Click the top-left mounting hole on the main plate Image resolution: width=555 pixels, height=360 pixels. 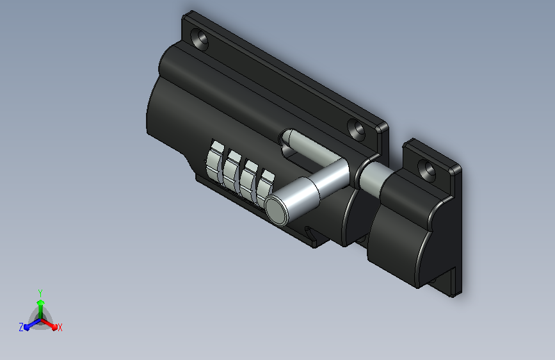coord(200,38)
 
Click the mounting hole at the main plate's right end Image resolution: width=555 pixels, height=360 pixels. coord(356,129)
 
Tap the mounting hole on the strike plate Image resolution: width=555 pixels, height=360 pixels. coord(427,169)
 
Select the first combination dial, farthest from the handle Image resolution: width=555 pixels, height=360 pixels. coord(215,162)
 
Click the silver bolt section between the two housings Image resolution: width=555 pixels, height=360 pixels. coord(373,177)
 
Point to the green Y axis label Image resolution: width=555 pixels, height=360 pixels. coord(40,293)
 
